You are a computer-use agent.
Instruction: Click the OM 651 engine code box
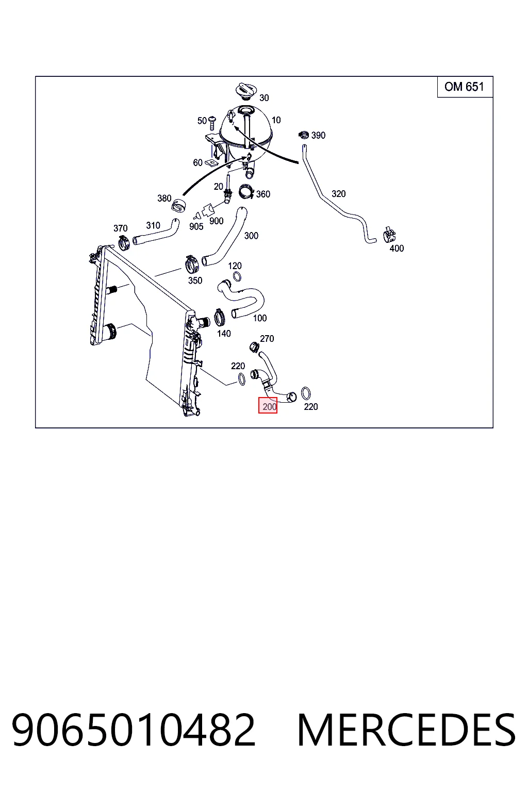(465, 87)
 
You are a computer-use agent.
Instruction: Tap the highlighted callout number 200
(268, 405)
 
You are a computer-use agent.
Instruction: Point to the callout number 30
(264, 98)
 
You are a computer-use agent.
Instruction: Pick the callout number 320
(338, 194)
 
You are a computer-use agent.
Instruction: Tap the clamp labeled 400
(389, 235)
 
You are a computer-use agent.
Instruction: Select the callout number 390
(318, 136)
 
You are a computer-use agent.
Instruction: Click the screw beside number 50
(212, 122)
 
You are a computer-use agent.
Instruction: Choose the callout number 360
(263, 194)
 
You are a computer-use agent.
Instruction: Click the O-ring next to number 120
(237, 276)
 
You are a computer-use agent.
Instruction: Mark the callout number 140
(224, 334)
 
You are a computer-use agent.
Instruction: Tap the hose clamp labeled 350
(191, 264)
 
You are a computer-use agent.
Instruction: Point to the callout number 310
(153, 225)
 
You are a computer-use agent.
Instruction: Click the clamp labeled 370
(124, 242)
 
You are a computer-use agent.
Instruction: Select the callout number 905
(196, 227)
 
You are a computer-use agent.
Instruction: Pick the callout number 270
(267, 339)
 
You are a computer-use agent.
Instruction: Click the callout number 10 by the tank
(276, 120)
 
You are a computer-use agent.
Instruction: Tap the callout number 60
(197, 162)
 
